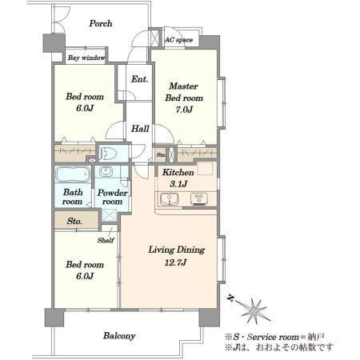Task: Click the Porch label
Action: point(101,23)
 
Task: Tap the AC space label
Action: point(178,40)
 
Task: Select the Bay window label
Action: point(86,58)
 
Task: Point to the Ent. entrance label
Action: point(139,79)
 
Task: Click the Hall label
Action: point(140,129)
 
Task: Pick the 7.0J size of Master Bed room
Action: point(184,110)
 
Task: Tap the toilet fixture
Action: point(108,154)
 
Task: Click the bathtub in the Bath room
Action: point(73,174)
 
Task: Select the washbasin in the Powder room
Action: point(106,171)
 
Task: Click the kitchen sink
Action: point(169,199)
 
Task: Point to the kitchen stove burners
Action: point(199,199)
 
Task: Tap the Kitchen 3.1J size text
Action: point(178,183)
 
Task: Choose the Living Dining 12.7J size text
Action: point(175,262)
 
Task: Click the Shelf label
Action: point(106,240)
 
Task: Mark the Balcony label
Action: point(119,336)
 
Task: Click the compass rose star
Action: point(254,310)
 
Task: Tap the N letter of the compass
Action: point(230,298)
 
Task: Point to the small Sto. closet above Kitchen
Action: point(161,154)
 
